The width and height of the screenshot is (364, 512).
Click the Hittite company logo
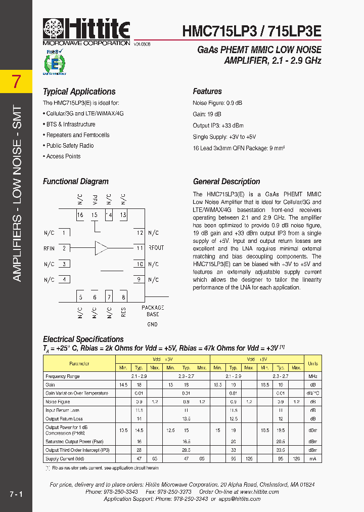point(86,31)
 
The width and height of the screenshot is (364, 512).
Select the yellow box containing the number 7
point(16,81)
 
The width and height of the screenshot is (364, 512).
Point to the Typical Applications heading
point(79,92)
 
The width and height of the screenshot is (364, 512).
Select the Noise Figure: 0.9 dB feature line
point(217,103)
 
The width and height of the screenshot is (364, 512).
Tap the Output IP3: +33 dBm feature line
point(218,125)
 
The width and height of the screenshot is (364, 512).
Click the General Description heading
point(226,182)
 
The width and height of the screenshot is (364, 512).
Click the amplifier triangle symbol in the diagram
point(101,248)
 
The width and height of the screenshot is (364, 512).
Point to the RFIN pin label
point(49,248)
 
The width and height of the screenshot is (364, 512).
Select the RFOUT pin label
point(156,248)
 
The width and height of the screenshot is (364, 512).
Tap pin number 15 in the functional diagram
point(94,215)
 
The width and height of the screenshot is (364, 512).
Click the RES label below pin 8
point(123,312)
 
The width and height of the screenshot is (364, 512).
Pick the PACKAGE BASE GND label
point(152,316)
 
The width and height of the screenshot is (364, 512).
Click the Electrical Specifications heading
point(83,339)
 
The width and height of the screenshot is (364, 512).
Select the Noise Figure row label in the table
point(58,402)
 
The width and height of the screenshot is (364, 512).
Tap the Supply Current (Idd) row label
point(65,458)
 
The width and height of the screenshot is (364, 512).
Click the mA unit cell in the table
point(312,458)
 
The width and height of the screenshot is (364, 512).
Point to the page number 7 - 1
point(16,493)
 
